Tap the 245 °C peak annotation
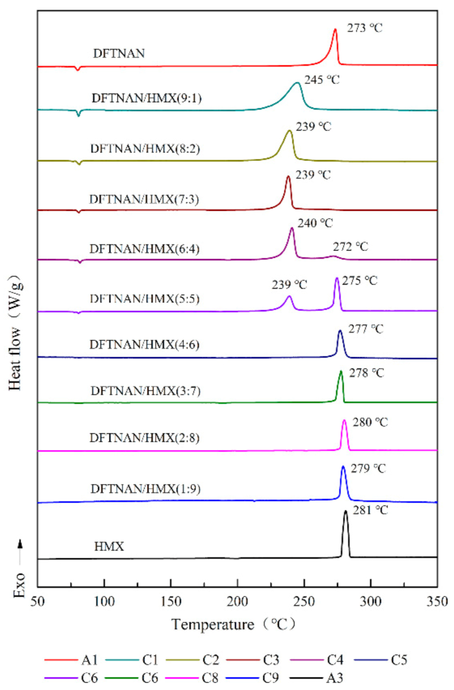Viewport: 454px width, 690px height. [322, 79]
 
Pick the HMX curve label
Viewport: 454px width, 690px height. [109, 545]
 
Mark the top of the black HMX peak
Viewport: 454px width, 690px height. [345, 511]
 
